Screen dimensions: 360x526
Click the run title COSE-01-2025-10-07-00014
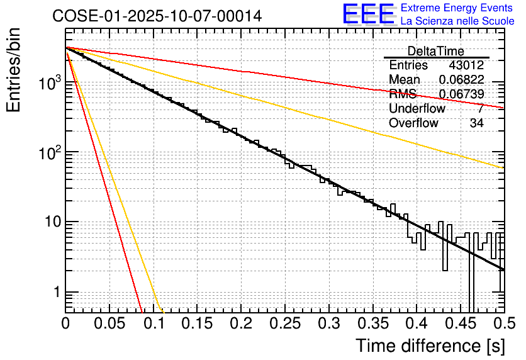[157, 16]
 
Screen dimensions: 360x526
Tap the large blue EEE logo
[368, 14]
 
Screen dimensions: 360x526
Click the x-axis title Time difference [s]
[430, 346]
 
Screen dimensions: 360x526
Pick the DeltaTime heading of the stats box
[436, 51]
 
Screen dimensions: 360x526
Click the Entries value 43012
[466, 65]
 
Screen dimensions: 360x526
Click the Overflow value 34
[476, 123]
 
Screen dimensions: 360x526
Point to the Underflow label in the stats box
[417, 109]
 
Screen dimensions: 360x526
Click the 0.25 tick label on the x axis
[284, 324]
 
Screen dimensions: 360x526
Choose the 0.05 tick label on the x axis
[109, 324]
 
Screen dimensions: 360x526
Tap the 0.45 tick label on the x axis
[460, 324]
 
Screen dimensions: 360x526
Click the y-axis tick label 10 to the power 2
[49, 152]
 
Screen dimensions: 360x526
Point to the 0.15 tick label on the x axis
[197, 324]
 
